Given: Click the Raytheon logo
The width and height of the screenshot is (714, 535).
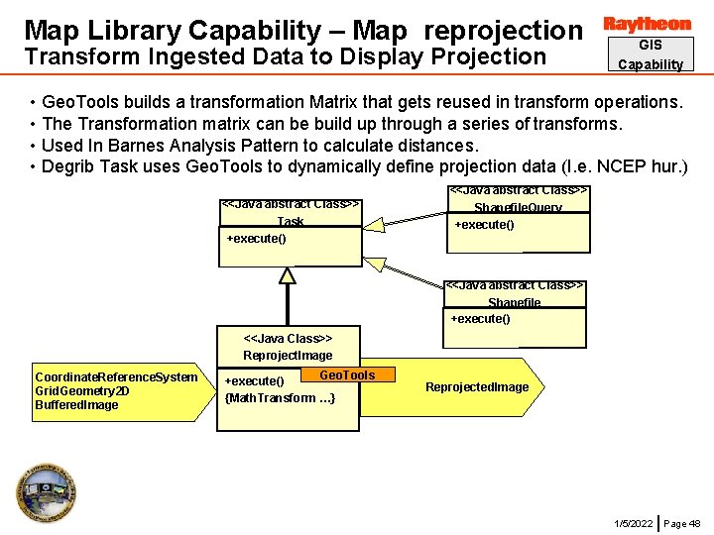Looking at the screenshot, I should [x=647, y=24].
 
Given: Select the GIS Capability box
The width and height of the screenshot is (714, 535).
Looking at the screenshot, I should [x=650, y=54].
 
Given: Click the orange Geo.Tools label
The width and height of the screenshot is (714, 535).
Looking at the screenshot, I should [x=347, y=374].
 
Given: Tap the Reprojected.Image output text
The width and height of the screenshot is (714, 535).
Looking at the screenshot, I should [x=477, y=386].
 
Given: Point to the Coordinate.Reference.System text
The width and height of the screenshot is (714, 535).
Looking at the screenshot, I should [x=116, y=376].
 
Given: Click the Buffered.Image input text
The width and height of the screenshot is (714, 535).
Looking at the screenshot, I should [x=76, y=404].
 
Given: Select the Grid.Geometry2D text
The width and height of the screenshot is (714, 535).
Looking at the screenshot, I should [x=81, y=390].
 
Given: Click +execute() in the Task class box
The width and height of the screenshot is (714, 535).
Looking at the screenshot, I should [x=256, y=239].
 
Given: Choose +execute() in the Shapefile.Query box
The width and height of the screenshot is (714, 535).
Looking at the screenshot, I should [x=484, y=225].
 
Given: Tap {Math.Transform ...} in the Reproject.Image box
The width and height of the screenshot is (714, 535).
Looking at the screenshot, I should [x=280, y=397].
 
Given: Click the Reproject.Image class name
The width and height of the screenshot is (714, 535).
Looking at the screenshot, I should [x=288, y=355].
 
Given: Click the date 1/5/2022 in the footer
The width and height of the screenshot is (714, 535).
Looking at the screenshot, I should [x=633, y=523].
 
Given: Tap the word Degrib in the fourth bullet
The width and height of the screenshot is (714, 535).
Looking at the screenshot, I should [x=67, y=165].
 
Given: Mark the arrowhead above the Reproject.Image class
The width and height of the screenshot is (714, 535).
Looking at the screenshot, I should [x=288, y=275].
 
